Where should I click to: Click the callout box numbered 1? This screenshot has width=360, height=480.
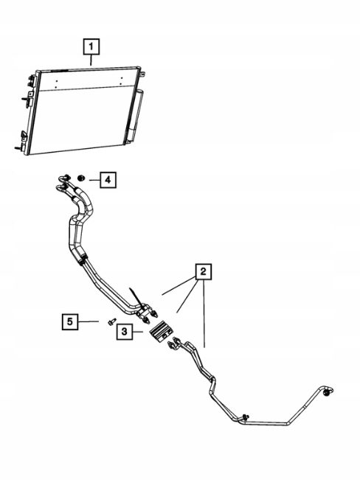91,46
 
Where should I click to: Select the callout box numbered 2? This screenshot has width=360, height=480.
204,271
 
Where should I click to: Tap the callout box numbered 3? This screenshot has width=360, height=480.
125,331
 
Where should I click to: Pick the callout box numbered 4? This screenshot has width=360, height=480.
108,180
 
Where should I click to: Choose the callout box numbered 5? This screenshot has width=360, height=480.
70,321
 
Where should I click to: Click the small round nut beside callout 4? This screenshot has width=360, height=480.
81,178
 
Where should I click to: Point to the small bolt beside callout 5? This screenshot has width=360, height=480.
112,321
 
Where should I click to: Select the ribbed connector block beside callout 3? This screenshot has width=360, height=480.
161,331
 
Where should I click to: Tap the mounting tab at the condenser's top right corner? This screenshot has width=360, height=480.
142,74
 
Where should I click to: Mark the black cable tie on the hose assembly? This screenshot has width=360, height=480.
136,298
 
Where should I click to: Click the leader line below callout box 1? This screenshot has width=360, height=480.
91,60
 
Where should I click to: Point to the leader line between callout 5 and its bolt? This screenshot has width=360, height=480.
89,321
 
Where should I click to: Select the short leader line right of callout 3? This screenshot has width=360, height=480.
137,332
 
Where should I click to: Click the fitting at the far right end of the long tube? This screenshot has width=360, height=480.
328,392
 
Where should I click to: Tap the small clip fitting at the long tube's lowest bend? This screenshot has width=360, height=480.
246,417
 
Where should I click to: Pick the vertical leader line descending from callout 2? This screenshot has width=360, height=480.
204,313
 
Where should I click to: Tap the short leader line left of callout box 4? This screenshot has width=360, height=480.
94,180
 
